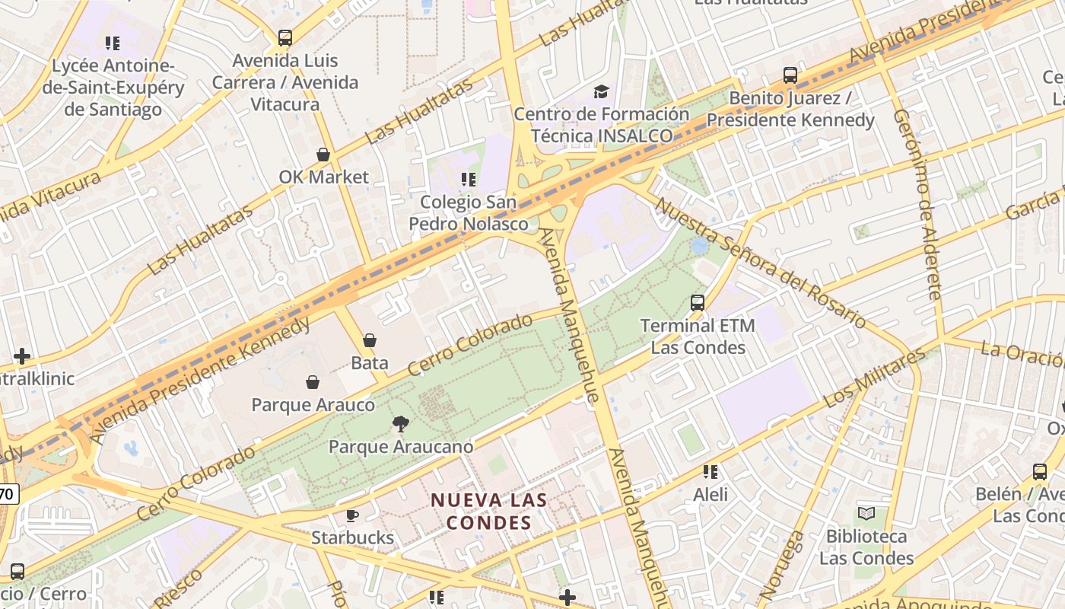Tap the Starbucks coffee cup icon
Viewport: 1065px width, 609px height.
(x=352, y=515)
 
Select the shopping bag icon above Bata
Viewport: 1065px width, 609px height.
(x=370, y=340)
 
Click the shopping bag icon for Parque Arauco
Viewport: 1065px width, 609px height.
(x=312, y=382)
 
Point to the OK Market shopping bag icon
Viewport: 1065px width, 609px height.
(x=323, y=155)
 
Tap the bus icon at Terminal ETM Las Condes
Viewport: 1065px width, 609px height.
(x=698, y=303)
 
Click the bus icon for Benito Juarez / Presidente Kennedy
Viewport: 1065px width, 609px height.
(x=790, y=75)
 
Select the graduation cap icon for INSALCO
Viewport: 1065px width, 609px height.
(x=601, y=92)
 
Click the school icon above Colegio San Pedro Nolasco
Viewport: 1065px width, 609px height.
(x=469, y=180)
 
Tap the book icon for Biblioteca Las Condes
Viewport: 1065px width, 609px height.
(x=866, y=513)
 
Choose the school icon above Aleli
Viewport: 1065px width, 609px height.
(x=711, y=472)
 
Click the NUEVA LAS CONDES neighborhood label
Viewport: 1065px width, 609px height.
(x=488, y=511)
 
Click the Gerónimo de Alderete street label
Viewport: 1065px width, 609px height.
(x=918, y=204)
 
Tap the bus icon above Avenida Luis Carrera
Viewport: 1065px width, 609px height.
(x=285, y=37)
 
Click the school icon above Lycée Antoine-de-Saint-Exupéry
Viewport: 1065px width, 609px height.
(x=113, y=43)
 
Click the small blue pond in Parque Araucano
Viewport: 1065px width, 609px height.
(x=700, y=246)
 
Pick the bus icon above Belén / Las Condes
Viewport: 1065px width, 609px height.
(x=1040, y=471)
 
